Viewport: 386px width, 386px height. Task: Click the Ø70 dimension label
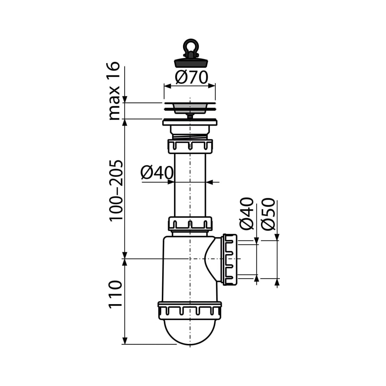(x=191, y=77)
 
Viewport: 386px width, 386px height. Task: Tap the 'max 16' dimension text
(x=114, y=91)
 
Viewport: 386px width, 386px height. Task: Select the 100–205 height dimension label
(x=116, y=191)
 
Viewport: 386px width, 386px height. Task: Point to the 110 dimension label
(x=115, y=294)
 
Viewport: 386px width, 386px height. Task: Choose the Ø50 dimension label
(x=268, y=214)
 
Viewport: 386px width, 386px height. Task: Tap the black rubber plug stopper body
(x=191, y=63)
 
